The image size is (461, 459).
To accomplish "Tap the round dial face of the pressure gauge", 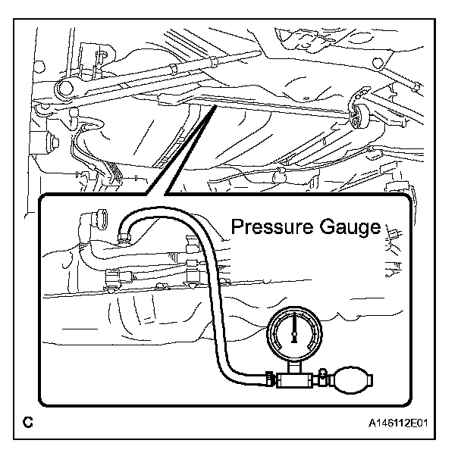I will click(292, 333).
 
